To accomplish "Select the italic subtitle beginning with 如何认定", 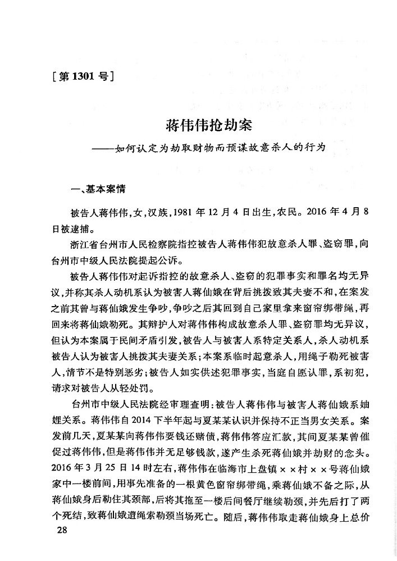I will (219, 149).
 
